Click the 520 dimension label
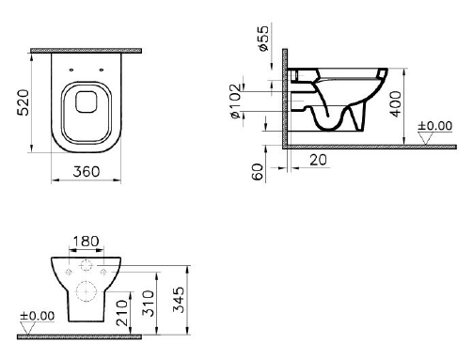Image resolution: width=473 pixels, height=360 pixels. click(x=23, y=102)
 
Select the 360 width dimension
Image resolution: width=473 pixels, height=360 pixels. click(x=87, y=171)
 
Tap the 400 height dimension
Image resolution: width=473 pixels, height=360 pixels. click(x=396, y=104)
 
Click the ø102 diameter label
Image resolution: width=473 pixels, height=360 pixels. click(x=236, y=102)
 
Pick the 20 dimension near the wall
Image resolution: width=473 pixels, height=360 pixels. click(x=318, y=160)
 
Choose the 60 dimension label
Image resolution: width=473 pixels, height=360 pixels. click(x=258, y=172)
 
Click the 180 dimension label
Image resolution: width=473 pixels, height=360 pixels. click(x=86, y=242)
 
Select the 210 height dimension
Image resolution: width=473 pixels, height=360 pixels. click(x=122, y=313)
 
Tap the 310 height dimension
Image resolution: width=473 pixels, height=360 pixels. click(x=149, y=304)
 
